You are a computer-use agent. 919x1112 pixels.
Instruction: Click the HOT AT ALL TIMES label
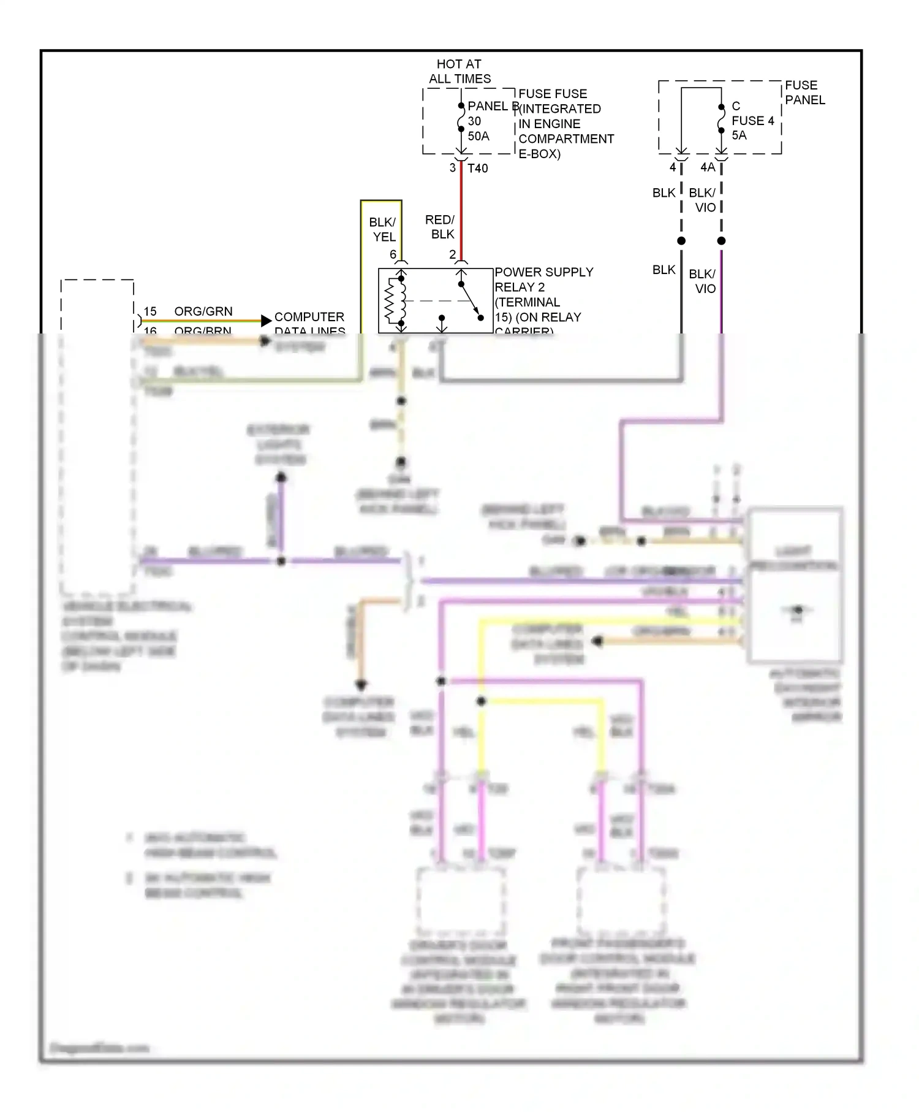coord(459,71)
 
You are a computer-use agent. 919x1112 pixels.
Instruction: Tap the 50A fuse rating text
coord(478,136)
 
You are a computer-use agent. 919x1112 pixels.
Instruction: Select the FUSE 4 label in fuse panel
coord(752,121)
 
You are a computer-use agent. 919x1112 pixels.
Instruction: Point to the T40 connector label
coord(478,169)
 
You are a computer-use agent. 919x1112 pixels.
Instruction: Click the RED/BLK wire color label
coord(440,227)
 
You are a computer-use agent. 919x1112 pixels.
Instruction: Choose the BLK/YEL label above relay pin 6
coord(382,229)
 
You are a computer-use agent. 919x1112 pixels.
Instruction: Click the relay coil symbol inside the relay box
coord(393,300)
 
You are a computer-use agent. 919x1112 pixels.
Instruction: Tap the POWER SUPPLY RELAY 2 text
coord(543,280)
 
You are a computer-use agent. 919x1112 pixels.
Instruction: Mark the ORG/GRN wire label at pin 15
coord(203,311)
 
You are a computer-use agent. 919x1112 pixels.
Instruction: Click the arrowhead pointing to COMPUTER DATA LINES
coord(266,321)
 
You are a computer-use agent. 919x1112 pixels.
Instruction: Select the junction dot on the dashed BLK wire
coord(681,241)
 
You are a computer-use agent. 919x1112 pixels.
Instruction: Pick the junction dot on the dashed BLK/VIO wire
coord(722,241)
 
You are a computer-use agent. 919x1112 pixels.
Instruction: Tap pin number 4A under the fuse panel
coord(708,167)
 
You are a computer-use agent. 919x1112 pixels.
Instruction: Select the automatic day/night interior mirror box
coord(795,585)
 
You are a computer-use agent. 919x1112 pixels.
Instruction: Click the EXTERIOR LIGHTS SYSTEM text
coord(279,444)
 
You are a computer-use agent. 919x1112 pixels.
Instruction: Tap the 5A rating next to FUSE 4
coord(739,135)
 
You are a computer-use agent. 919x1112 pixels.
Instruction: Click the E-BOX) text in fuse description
coord(539,154)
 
